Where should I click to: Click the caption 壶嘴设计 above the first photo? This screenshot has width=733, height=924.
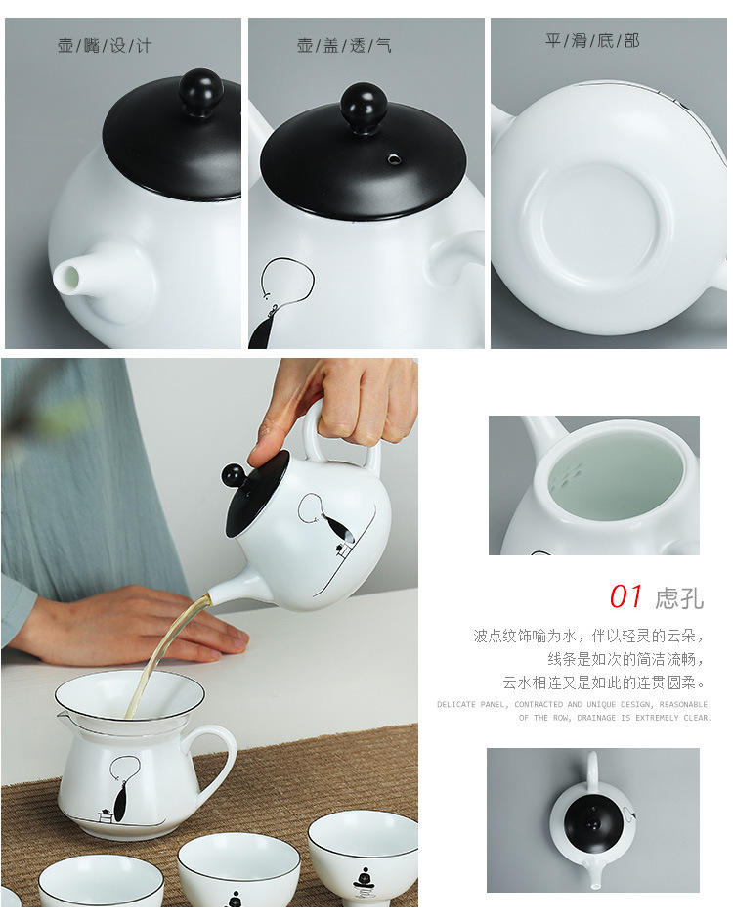104,46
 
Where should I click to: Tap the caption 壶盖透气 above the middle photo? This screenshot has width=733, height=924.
344,46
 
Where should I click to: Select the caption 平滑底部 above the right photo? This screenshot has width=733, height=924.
592,41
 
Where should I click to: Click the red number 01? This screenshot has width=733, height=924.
626,596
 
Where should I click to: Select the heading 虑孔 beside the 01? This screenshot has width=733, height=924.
678,597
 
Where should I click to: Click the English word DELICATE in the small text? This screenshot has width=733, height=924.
455,704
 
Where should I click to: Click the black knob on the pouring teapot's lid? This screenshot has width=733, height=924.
234,476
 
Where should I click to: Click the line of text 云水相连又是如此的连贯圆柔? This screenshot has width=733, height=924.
603,682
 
